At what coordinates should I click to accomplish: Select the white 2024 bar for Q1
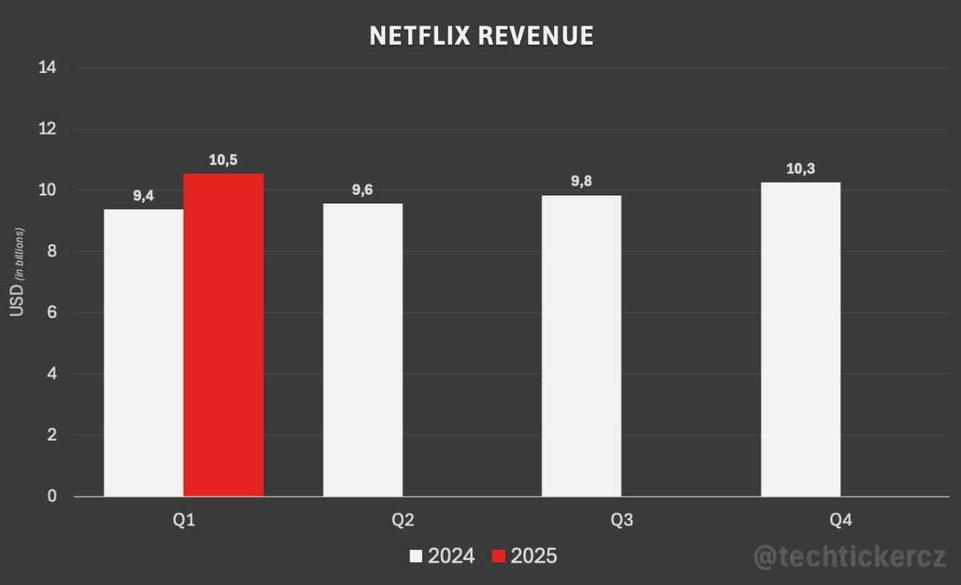point(143,353)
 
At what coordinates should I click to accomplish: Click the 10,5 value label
point(223,160)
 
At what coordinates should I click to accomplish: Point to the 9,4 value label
point(143,196)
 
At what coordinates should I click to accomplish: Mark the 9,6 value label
point(363,190)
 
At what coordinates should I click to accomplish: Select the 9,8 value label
point(581,182)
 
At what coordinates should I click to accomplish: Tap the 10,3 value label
point(801,169)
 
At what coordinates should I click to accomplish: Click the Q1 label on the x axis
point(183,520)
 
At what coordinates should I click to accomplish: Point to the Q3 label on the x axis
point(621,520)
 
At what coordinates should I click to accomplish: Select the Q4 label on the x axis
point(841,520)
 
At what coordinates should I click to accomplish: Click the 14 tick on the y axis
point(47,68)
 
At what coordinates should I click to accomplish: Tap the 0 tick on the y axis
point(52,496)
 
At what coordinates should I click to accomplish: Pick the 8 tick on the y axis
point(52,252)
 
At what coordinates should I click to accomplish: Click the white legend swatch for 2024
point(416,556)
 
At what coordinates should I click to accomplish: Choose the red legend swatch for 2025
point(498,556)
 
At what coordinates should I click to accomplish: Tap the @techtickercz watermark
point(850,556)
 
